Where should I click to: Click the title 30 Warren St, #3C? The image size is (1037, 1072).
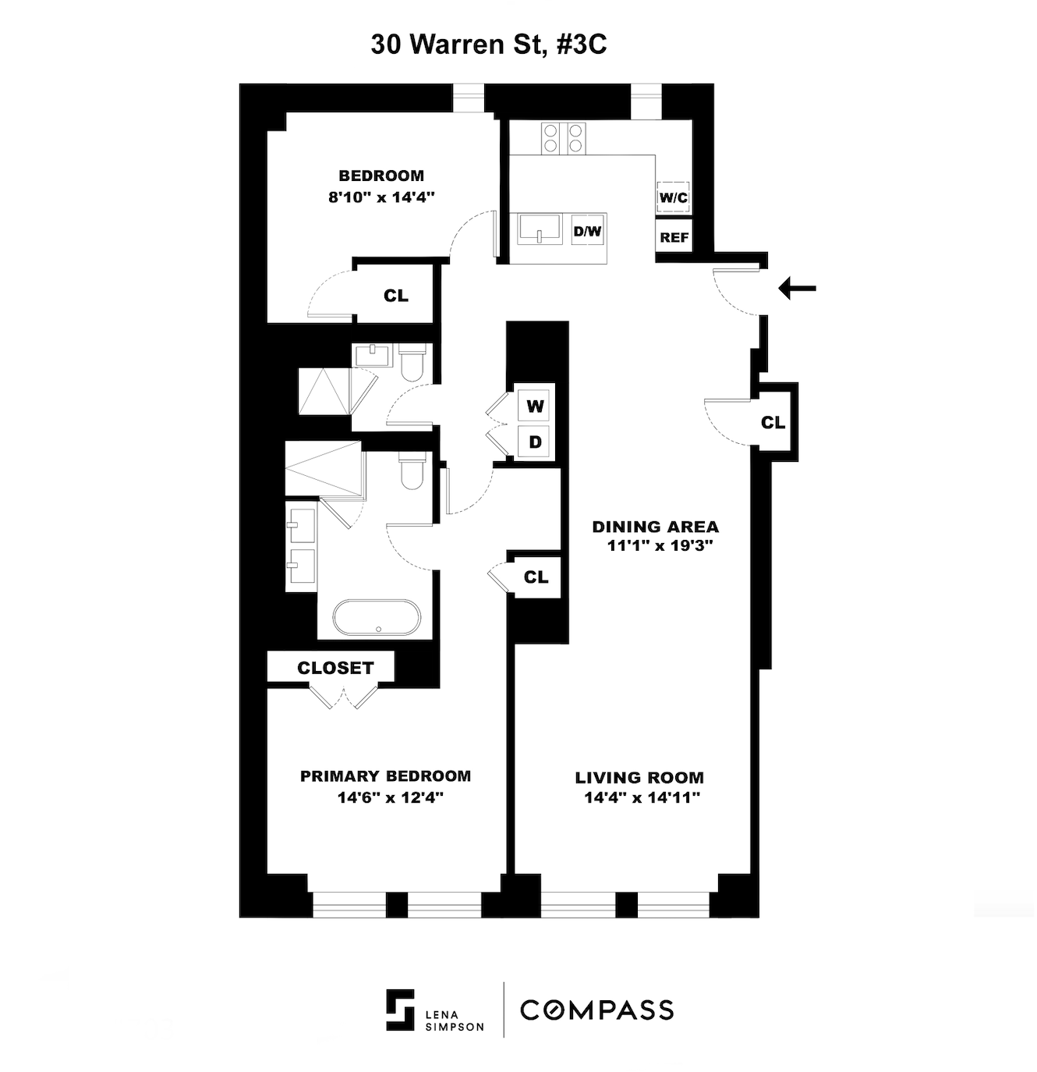(489, 44)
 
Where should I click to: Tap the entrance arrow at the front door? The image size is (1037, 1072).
(797, 288)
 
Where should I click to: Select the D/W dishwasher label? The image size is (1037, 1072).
(588, 231)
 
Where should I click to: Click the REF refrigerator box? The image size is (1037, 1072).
(674, 237)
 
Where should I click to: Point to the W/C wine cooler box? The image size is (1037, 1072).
(674, 197)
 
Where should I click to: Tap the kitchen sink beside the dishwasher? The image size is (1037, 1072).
(541, 230)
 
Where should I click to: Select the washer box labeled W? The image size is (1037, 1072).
(535, 406)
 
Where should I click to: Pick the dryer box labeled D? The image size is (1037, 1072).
(535, 442)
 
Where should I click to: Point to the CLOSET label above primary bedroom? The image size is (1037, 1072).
(335, 668)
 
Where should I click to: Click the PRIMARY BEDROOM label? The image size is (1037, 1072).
(385, 776)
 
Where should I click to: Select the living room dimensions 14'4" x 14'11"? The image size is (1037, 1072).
(642, 797)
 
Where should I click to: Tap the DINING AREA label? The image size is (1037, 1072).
(655, 527)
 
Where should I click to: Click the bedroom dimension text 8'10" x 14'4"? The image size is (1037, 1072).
(380, 197)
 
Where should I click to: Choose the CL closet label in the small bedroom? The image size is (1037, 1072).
(395, 296)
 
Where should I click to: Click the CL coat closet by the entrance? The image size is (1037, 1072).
(773, 422)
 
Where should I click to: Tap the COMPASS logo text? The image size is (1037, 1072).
(596, 1010)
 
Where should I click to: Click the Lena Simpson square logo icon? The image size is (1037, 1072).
(400, 1010)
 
